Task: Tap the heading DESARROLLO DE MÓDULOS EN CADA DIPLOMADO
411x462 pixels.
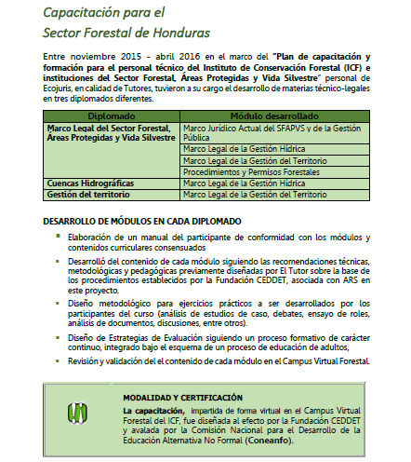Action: (142, 221)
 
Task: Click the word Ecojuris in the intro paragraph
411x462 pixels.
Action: (62, 89)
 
